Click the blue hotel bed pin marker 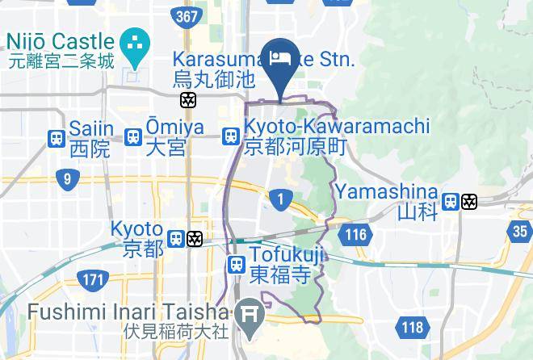(280, 65)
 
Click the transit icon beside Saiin (57, 138)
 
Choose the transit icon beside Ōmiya (134, 138)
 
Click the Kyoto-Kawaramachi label (336, 137)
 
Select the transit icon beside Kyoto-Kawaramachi (231, 137)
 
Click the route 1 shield (280, 199)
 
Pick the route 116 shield (354, 235)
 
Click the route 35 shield (521, 231)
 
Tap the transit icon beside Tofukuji (236, 264)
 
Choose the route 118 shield (413, 327)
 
